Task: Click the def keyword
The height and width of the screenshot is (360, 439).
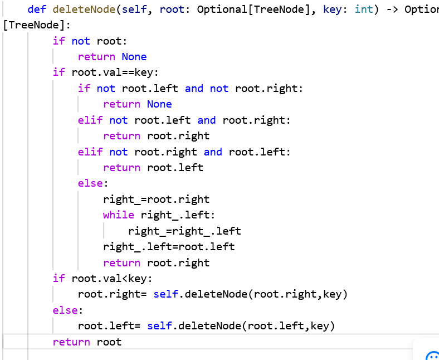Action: point(37,9)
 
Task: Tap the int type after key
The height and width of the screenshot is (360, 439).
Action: point(364,9)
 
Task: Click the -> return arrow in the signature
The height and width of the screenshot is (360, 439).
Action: point(392,9)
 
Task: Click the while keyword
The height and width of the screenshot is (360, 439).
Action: point(118,215)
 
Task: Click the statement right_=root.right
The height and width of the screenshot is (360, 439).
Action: point(156,200)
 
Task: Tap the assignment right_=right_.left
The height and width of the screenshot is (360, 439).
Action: point(184,231)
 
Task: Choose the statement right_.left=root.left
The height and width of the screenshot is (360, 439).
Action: point(169,247)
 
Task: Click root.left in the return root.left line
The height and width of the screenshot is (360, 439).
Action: point(175,168)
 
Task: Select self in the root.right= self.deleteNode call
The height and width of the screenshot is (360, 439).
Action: point(165,294)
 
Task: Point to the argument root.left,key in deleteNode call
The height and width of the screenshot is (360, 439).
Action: point(289,326)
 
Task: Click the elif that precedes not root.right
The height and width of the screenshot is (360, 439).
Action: point(90,152)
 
